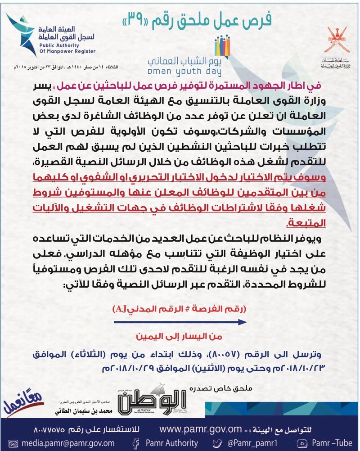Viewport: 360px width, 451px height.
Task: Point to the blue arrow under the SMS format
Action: pyautogui.click(x=180, y=322)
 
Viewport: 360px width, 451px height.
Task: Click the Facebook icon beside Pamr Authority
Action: pyautogui.click(x=135, y=443)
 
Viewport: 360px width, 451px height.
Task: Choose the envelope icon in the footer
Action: pyautogui.click(x=7, y=443)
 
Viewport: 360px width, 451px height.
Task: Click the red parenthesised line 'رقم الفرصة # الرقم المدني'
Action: pyautogui.click(x=180, y=309)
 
